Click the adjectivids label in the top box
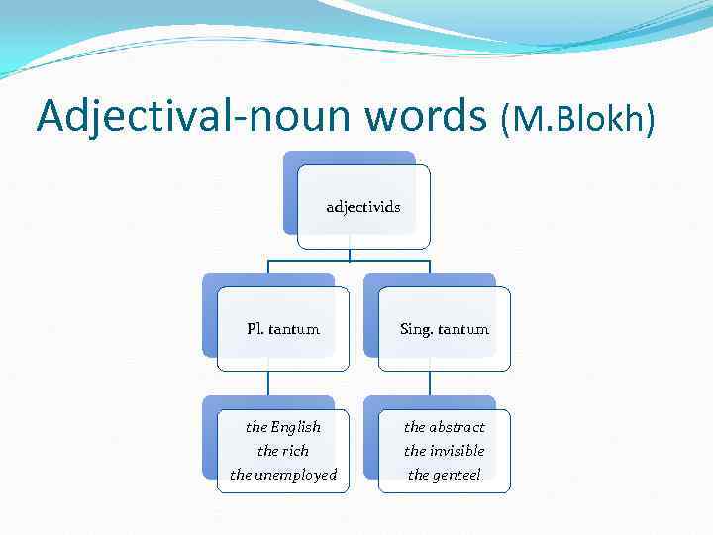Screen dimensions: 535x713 coord(363,207)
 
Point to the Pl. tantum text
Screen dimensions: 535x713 coord(283,329)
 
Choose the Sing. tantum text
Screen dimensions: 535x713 coord(445,329)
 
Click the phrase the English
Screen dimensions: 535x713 coord(283,427)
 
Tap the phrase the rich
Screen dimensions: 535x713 coord(283,451)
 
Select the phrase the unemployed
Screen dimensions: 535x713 coord(283,475)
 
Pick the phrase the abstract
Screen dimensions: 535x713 coord(445,427)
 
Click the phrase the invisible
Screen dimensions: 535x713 coord(445,451)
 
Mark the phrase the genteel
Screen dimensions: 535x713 coord(445,475)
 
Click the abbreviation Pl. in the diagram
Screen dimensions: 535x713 coord(255,329)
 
